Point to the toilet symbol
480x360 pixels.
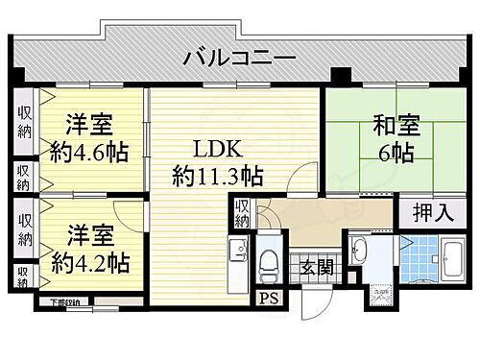pyautogui.click(x=268, y=261)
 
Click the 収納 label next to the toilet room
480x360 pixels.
pyautogui.click(x=245, y=213)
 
